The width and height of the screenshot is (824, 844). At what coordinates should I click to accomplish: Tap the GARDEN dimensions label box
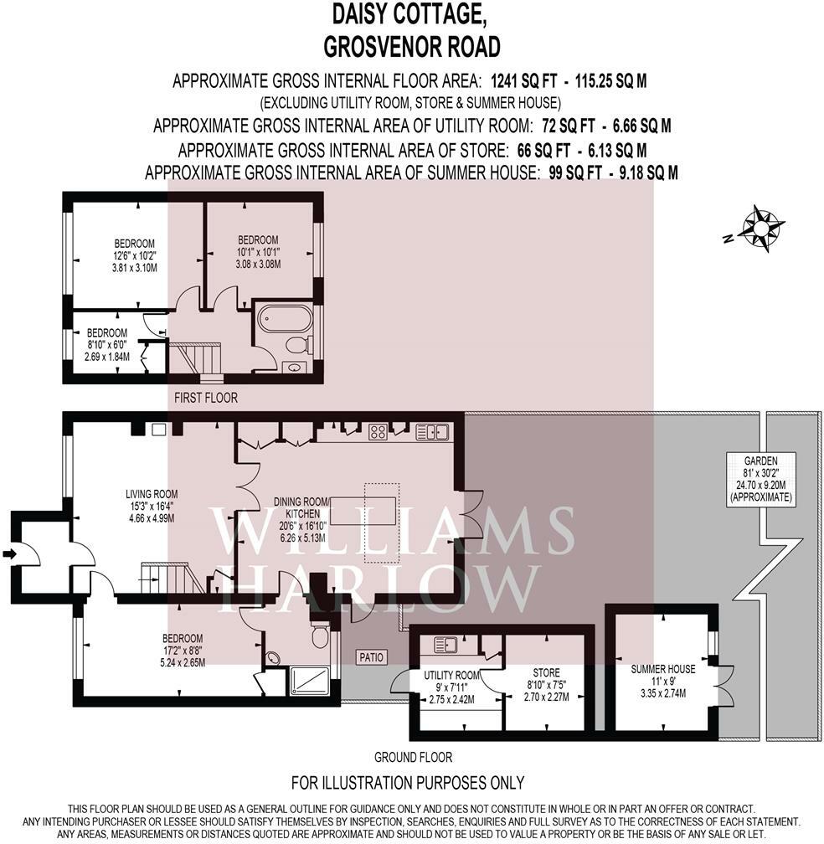coord(760,478)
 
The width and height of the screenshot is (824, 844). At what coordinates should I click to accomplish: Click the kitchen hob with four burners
coord(378,432)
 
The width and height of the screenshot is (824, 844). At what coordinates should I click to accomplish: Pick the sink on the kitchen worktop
coord(432,432)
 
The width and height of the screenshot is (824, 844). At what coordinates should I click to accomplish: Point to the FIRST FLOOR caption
coord(205,398)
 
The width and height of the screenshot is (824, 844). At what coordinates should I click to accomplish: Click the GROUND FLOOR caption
coord(413,757)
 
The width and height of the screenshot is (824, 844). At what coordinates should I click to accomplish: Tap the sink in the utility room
coord(445,645)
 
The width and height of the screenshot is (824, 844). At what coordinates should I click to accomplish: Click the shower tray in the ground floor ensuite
coord(310,680)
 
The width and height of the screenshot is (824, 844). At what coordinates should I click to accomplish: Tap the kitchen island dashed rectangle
coord(382,523)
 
